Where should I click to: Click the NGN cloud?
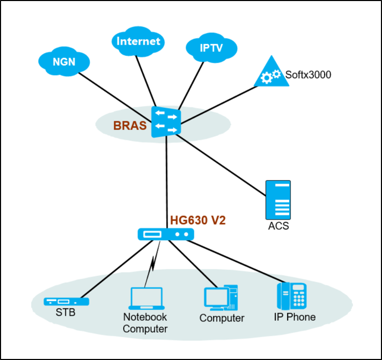(x=64, y=62)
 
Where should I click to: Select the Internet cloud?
(x=138, y=41)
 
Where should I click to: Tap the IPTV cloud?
(x=211, y=48)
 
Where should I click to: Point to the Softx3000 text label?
(x=308, y=75)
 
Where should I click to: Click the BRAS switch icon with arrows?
(x=166, y=122)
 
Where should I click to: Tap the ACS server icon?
(x=278, y=200)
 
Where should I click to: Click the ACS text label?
(x=278, y=226)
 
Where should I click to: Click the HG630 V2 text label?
(x=198, y=221)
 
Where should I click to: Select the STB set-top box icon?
(x=66, y=302)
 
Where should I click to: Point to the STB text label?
(x=66, y=313)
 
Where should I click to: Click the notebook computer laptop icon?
(x=145, y=300)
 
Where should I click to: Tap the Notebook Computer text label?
(x=145, y=323)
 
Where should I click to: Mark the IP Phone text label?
(x=294, y=317)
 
